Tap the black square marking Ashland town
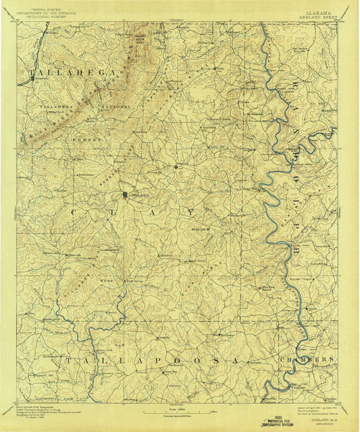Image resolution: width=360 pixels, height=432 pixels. [x=124, y=195]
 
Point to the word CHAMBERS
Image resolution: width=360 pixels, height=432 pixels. [x=311, y=358]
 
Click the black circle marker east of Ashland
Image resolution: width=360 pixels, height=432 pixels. [x=176, y=165]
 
